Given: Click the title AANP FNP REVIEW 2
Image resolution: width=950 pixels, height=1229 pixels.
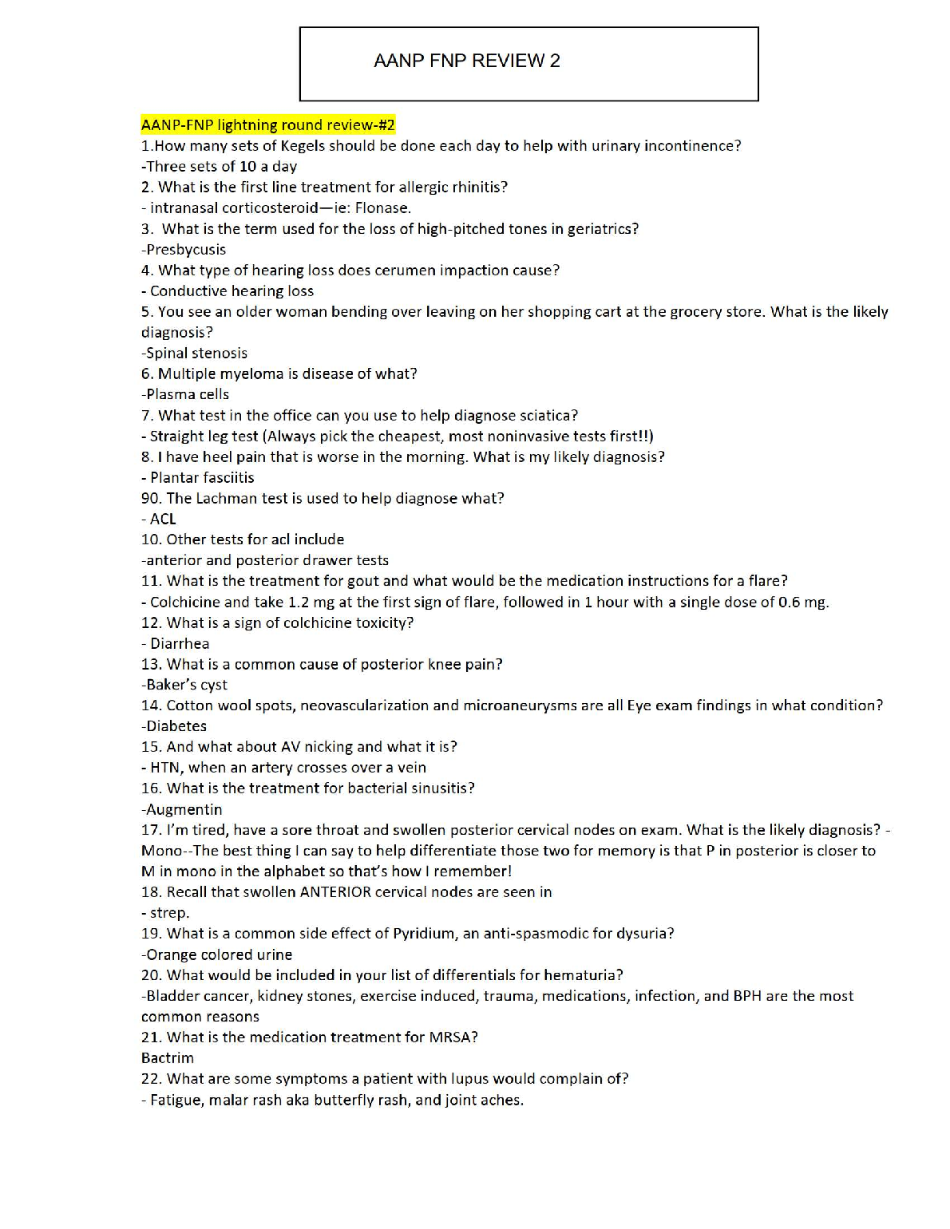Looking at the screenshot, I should coord(467,61).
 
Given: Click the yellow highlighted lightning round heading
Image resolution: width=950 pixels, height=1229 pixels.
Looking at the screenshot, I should coord(267,124).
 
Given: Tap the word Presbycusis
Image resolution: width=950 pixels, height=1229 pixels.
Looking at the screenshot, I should coord(186,250).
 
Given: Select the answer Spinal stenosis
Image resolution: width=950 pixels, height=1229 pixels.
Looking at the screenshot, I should coord(196,353).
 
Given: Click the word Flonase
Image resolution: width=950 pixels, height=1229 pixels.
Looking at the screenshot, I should coord(382,208).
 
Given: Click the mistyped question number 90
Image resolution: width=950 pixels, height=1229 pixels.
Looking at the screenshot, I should coord(150,498).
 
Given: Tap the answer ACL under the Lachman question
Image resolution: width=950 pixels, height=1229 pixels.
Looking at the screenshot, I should coord(163,519).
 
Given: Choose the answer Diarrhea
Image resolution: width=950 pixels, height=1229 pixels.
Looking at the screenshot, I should coord(180,643).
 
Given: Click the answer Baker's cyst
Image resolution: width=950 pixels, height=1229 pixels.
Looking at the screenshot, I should coord(187,685).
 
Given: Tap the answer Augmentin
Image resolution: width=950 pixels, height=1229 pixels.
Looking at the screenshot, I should coord(184,809).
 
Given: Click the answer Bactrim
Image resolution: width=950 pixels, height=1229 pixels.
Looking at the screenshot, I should coord(168,1058).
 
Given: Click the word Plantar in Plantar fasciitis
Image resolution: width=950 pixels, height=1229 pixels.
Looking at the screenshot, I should coord(174,477).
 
